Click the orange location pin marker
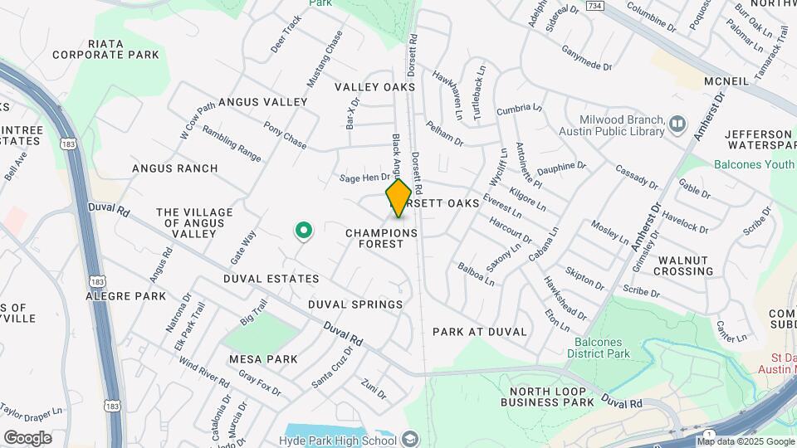point(398,198)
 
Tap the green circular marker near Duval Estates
point(304,230)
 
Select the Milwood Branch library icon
point(679,124)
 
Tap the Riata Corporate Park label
point(105,49)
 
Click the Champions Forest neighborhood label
point(381,239)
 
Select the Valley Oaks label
point(374,87)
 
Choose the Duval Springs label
point(355,304)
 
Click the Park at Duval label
point(480,331)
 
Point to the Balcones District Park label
point(606,347)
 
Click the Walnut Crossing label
point(685,265)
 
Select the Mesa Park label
point(263,359)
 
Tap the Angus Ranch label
point(175,168)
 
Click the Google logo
point(27,437)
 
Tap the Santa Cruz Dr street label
point(332,367)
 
